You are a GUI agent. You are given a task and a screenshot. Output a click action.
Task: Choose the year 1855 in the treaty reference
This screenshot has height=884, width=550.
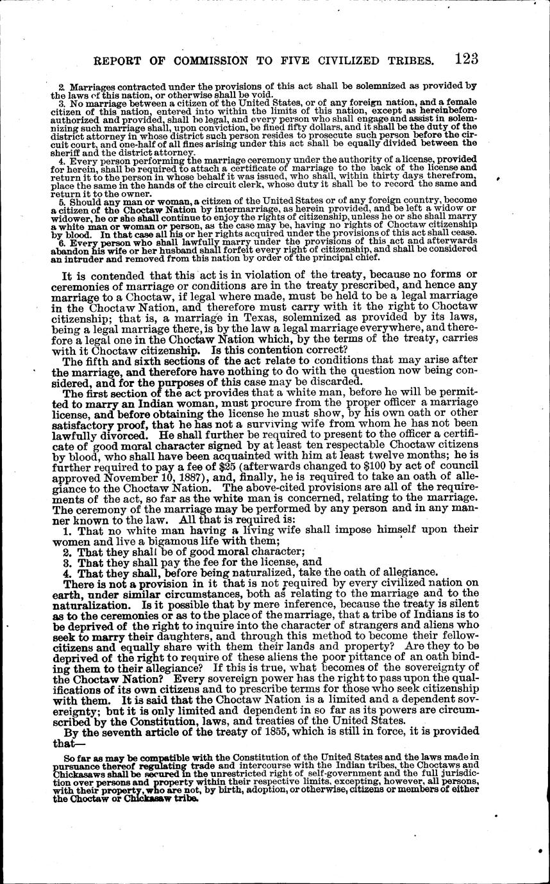[x=324, y=731]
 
